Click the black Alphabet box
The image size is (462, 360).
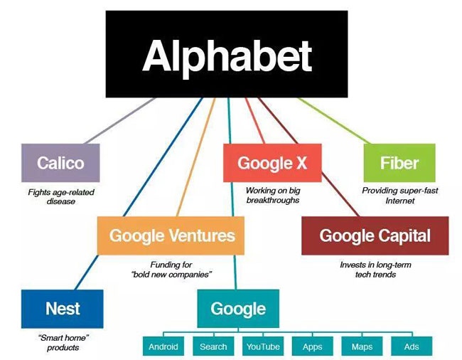pyautogui.click(x=227, y=54)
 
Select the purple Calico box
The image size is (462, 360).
pyautogui.click(x=60, y=163)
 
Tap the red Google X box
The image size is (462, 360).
pyautogui.click(x=272, y=163)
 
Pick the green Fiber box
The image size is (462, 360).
pyautogui.click(x=399, y=163)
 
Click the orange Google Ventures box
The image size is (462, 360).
pyautogui.click(x=171, y=235)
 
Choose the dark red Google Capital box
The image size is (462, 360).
pyautogui.click(x=375, y=235)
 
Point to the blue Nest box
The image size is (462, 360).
pyautogui.click(x=63, y=309)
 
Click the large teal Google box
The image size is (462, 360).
pyautogui.click(x=238, y=309)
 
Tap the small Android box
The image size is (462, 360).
pyautogui.click(x=163, y=346)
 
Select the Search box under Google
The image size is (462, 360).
pyautogui.click(x=213, y=346)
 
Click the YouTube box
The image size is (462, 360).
pyautogui.click(x=263, y=346)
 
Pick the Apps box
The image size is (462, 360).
pyautogui.click(x=313, y=346)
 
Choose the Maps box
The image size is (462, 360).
pyautogui.click(x=362, y=346)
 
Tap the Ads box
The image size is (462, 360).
pyautogui.click(x=412, y=346)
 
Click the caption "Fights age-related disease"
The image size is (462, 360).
pyautogui.click(x=61, y=196)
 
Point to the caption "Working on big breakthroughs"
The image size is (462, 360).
pyautogui.click(x=273, y=195)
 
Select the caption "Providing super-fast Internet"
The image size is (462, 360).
pyautogui.click(x=400, y=196)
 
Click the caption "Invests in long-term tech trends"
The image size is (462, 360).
pyautogui.click(x=375, y=270)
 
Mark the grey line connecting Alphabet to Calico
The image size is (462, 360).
pyautogui.click(x=119, y=121)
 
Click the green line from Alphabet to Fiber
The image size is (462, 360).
pyautogui.click(x=334, y=121)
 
